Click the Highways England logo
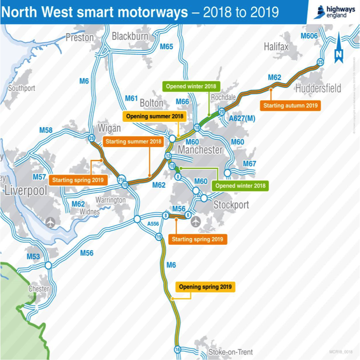pos(333,12)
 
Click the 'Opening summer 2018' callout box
pos(154,116)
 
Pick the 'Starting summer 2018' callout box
pos(133,141)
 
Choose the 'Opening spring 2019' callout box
pos(205,287)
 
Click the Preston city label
pos(80,37)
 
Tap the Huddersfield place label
pos(318,88)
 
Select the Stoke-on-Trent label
pos(230,352)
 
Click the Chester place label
pos(39,289)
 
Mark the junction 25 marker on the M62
pos(320,62)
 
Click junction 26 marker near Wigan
pos(91,138)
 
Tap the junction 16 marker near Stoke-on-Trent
pos(177,350)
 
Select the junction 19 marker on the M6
pos(159,237)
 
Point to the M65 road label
pos(166,47)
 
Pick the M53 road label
pos(33,257)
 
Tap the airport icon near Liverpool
pos(50,222)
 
